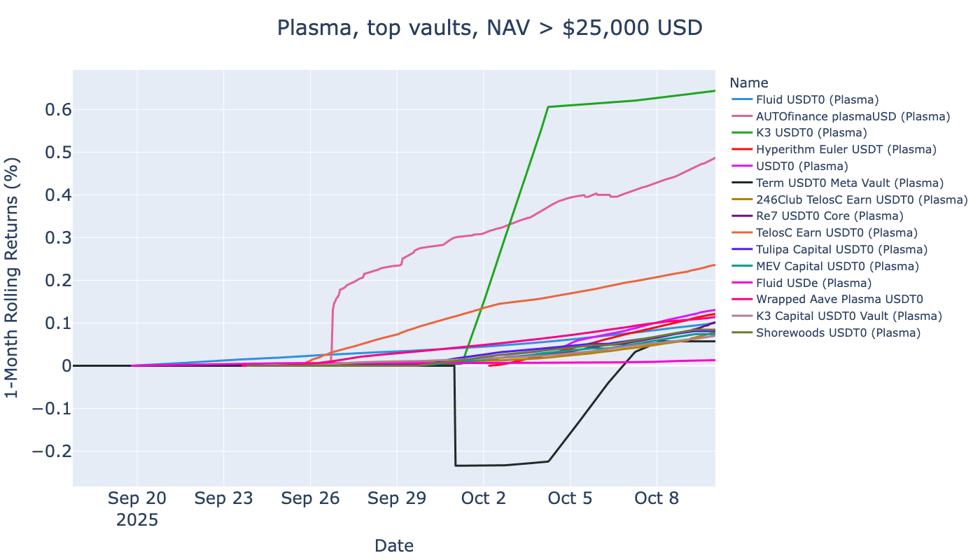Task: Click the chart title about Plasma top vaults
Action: [x=489, y=28]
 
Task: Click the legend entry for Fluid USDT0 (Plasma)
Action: [x=817, y=99]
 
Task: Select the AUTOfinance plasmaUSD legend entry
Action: [x=853, y=116]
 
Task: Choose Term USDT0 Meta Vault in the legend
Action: [x=850, y=183]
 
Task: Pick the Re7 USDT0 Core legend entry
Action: [x=829, y=216]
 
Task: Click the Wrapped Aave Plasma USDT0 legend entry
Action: [x=839, y=299]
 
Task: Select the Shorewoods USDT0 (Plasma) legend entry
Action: [x=838, y=332]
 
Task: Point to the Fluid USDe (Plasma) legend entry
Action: [x=813, y=283]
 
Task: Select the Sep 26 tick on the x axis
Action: [x=310, y=499]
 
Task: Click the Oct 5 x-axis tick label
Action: [x=570, y=499]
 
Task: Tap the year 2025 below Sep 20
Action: [x=137, y=521]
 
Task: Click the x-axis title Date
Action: [x=394, y=546]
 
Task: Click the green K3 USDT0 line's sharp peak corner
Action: [x=548, y=107]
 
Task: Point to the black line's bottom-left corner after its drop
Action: [x=456, y=465]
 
